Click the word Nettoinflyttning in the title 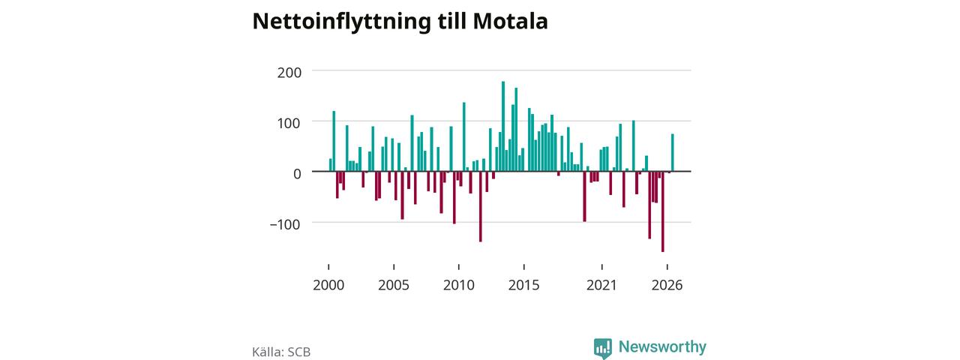[341, 22]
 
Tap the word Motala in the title [511, 21]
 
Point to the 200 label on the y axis [289, 73]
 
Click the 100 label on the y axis [289, 124]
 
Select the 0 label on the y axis [297, 173]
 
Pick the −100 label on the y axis [285, 224]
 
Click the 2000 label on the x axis [328, 285]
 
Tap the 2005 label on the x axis [394, 285]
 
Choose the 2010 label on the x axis [459, 285]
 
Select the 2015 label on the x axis [524, 285]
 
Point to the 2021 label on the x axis [601, 285]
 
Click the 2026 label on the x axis [667, 285]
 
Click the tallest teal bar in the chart [503, 127]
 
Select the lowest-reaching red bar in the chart [663, 211]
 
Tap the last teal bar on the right [673, 152]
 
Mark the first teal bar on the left [331, 165]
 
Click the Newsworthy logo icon [603, 349]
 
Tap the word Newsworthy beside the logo [662, 346]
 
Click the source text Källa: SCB [281, 352]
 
